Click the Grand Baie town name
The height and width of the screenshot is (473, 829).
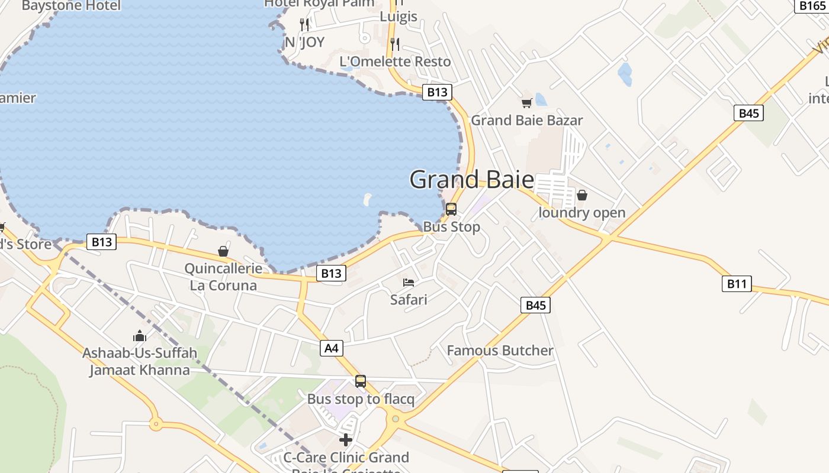(x=471, y=179)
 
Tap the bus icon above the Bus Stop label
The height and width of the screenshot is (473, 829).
(x=451, y=209)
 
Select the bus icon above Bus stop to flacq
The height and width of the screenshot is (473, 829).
(x=361, y=381)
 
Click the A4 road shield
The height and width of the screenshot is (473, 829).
(x=332, y=348)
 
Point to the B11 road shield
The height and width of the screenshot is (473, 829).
(x=737, y=284)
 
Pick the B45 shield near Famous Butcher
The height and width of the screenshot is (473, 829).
(x=535, y=305)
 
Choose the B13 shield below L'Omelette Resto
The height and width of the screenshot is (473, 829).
(x=437, y=92)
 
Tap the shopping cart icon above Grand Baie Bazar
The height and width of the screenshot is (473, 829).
(x=526, y=103)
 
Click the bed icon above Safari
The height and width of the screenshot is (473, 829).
(x=409, y=282)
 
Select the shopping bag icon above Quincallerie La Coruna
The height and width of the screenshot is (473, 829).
(x=223, y=252)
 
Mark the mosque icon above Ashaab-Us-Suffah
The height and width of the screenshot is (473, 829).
(x=140, y=336)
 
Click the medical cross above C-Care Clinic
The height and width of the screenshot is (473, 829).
(x=346, y=440)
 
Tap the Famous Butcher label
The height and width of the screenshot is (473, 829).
(x=500, y=351)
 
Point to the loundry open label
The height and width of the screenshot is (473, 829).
(x=581, y=213)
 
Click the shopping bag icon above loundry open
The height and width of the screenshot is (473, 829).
(x=582, y=195)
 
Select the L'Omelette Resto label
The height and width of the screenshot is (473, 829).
(x=395, y=61)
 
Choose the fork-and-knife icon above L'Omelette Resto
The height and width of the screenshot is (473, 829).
(x=395, y=44)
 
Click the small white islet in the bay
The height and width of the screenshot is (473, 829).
(x=368, y=199)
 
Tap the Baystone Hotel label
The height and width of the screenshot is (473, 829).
(x=71, y=6)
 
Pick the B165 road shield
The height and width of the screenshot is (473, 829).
(x=811, y=5)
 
